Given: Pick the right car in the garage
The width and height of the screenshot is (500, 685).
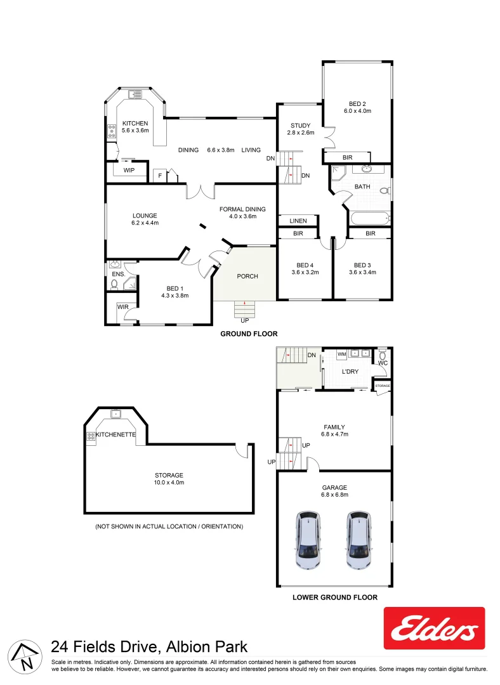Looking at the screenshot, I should coord(359,540).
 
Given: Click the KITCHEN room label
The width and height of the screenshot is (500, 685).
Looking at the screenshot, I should coord(135,123).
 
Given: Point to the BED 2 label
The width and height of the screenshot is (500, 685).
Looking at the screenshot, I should coord(357,104).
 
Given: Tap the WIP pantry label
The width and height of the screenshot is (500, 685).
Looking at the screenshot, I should coord(129,170).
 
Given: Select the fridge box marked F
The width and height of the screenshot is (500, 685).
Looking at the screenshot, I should coord(160,175).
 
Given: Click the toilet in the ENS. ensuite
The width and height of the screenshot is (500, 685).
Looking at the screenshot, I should coord(115,284).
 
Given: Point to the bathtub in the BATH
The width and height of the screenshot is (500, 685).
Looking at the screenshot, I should coord(369,219).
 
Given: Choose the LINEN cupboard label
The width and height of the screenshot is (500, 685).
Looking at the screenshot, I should coord(298,221).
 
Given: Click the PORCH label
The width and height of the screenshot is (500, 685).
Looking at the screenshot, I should coord(247,276).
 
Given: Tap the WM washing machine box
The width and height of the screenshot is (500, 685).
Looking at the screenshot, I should coord(341,354).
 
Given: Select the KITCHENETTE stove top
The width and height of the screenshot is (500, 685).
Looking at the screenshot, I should coord(91,436).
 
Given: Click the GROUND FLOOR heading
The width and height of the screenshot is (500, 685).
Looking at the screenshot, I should coord(249,334).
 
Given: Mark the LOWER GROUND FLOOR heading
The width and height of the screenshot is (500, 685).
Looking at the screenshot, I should coord(335,597).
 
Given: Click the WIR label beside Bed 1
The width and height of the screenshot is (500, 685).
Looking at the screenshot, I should coord(122,308).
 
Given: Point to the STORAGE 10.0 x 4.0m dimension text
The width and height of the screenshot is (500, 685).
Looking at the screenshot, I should coord(169,483).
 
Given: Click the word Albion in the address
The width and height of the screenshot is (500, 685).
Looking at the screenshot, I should coord(187,648).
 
